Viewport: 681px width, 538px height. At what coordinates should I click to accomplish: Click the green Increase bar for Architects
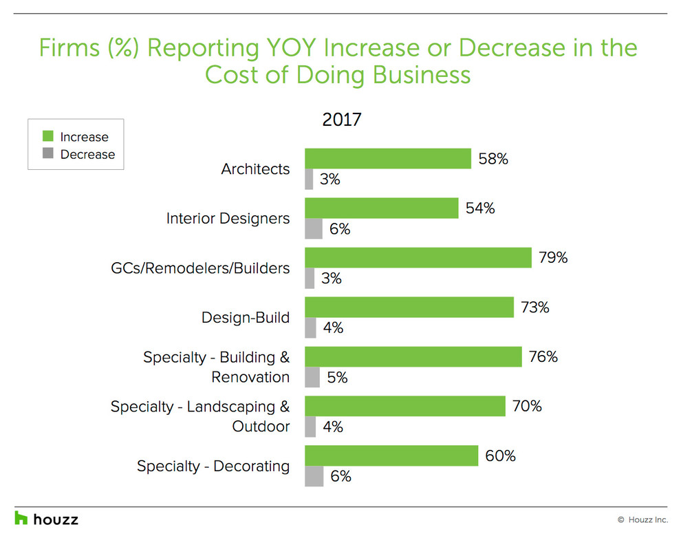(387, 159)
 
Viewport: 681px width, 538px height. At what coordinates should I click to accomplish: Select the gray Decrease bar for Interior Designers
(314, 229)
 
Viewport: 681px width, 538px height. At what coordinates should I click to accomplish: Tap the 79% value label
(553, 258)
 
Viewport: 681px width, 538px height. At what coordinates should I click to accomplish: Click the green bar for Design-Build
(409, 308)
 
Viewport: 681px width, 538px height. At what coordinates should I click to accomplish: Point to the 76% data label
(543, 357)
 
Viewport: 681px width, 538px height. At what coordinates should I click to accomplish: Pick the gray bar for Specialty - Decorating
(314, 476)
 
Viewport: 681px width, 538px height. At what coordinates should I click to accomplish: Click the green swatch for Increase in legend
(47, 137)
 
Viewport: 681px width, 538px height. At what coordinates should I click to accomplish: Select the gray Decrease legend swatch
(47, 154)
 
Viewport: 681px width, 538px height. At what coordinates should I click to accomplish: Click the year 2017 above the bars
(342, 120)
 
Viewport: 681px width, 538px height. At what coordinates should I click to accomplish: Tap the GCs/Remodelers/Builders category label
(200, 268)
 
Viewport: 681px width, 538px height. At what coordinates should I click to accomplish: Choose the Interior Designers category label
(228, 218)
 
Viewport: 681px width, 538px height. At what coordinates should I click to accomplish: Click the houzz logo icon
(21, 518)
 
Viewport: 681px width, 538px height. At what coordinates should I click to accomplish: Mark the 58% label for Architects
(494, 159)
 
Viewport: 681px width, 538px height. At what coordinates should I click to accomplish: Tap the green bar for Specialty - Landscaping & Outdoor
(404, 407)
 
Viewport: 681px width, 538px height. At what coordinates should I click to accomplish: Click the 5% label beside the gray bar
(337, 378)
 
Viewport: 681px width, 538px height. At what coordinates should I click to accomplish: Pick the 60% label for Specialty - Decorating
(501, 456)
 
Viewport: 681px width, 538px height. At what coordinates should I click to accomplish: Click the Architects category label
(255, 169)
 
